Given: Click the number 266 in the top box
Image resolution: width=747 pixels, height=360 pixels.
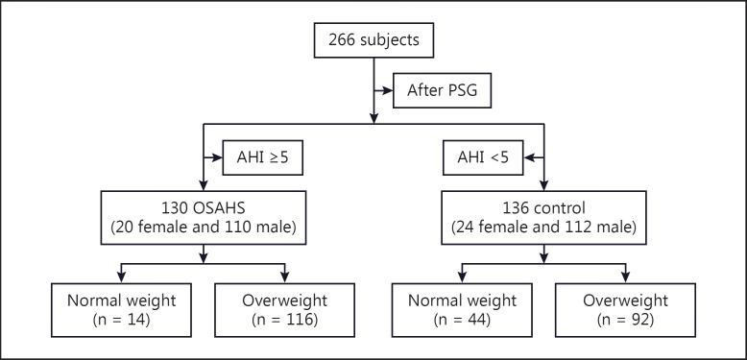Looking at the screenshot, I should (343, 42).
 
